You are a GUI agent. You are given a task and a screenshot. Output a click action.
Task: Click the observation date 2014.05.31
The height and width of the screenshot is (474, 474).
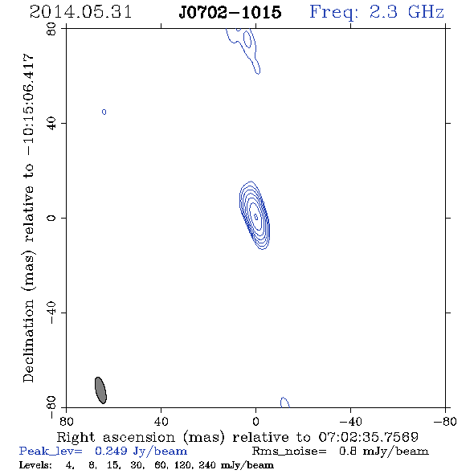pyautogui.click(x=80, y=12)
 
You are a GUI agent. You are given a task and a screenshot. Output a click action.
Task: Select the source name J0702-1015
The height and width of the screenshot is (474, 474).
pyautogui.click(x=230, y=12)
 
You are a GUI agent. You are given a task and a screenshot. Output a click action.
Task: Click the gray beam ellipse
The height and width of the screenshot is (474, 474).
pyautogui.click(x=100, y=390)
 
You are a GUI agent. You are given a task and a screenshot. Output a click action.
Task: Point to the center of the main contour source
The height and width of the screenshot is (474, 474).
pyautogui.click(x=255, y=216)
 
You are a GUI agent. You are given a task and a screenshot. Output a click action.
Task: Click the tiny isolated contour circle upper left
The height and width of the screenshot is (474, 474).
pyautogui.click(x=104, y=112)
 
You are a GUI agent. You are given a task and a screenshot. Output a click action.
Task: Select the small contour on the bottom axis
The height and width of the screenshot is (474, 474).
pyautogui.click(x=284, y=402)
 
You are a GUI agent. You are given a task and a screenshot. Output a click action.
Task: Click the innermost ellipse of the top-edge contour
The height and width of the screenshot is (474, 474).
pyautogui.click(x=247, y=39)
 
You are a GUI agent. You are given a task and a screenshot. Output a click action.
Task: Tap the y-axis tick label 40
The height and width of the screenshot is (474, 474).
pyautogui.click(x=51, y=124)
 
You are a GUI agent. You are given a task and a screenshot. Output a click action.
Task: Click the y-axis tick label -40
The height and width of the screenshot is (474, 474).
pyautogui.click(x=51, y=313)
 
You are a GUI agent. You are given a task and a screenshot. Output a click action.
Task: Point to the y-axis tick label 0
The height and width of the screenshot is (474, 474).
pyautogui.click(x=51, y=218)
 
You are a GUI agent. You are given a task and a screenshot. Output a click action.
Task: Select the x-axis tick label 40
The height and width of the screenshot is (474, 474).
pyautogui.click(x=161, y=421)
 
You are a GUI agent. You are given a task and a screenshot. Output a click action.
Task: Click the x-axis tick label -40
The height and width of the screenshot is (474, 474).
pyautogui.click(x=350, y=421)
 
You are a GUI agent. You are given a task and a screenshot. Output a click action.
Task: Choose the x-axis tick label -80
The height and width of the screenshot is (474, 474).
pyautogui.click(x=445, y=421)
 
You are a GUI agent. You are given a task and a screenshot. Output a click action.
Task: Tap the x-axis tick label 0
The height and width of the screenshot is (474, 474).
pyautogui.click(x=255, y=421)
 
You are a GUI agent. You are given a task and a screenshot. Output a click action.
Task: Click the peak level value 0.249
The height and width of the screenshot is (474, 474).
pyautogui.click(x=111, y=451)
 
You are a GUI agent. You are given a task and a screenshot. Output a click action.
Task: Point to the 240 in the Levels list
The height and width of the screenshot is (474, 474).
pyautogui.click(x=207, y=464)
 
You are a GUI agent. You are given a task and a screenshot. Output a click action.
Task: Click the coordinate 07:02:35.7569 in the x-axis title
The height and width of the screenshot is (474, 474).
pyautogui.click(x=369, y=437)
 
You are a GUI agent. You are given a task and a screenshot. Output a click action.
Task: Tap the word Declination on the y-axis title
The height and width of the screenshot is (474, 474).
pyautogui.click(x=28, y=341)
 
